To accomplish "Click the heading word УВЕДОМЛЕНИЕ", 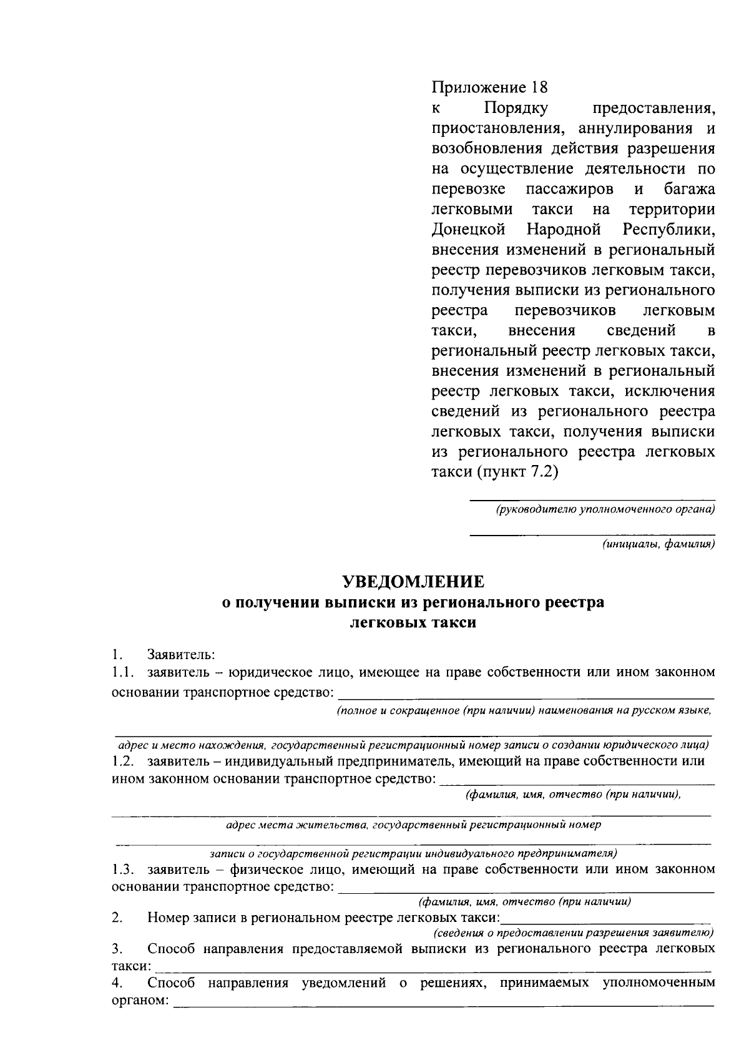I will tap(413, 582).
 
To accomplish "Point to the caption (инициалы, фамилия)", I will tap(658, 544).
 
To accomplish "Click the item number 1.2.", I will tap(123, 761).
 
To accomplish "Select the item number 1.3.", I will tap(123, 869).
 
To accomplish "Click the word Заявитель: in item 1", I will tap(181, 655).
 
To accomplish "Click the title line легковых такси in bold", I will tap(413, 623).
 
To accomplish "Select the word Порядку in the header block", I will tap(516, 108).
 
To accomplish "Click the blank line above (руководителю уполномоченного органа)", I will tap(592, 499).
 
